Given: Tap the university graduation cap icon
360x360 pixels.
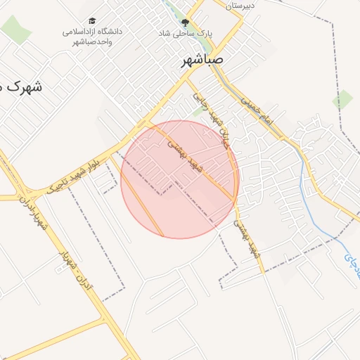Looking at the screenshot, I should (x=93, y=22).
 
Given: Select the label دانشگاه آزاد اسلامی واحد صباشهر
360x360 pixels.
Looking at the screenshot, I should (x=92, y=37).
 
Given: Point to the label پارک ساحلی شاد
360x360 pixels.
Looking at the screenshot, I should (x=186, y=33).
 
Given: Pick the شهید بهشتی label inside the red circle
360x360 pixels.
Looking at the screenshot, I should (x=184, y=152).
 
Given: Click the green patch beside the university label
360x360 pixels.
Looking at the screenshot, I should (x=14, y=29).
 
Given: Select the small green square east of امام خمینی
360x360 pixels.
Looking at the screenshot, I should (x=343, y=99).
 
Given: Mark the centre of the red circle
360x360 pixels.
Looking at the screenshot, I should (x=180, y=179).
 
